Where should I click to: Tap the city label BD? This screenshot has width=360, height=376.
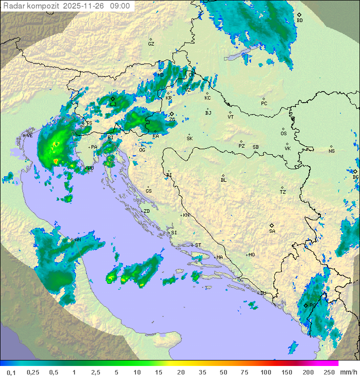[x=299, y=21]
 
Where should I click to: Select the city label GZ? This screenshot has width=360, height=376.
[x=151, y=44]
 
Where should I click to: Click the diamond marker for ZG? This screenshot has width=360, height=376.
[x=171, y=114]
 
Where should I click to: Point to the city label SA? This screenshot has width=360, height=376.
[x=272, y=231]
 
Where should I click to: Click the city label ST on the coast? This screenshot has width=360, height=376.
[x=198, y=245]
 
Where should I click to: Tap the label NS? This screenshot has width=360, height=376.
[x=331, y=151]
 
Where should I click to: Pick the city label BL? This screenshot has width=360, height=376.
[x=223, y=180]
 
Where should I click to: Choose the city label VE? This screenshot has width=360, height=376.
[x=29, y=136]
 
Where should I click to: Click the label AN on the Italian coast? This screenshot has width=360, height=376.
[x=77, y=240]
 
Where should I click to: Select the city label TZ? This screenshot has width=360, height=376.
[x=283, y=192]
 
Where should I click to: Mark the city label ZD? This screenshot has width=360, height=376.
[x=146, y=211]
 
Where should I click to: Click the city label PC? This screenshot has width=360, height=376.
[x=264, y=104]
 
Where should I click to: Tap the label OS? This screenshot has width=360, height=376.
[x=283, y=134]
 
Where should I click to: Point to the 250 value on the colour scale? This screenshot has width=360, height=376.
[x=329, y=372]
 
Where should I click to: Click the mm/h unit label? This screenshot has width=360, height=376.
[x=347, y=372]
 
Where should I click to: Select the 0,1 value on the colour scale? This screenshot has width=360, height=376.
[x=11, y=372]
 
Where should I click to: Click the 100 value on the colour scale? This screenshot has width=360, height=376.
[x=265, y=372]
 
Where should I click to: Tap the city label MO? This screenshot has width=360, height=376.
[x=251, y=255]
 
